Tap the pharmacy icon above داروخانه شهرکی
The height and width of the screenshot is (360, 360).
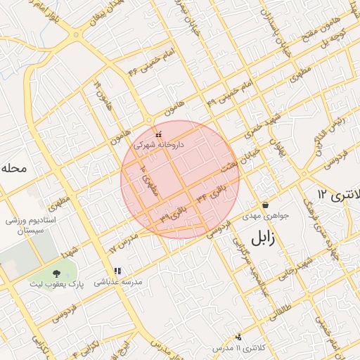tap(157, 134)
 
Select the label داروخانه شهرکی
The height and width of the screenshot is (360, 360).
tap(158, 143)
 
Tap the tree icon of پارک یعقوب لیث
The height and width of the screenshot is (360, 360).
tap(56, 272)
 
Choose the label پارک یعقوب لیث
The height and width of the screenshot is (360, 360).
tap(56, 284)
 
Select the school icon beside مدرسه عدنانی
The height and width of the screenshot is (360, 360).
tap(117, 271)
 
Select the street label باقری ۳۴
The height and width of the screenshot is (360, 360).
tap(213, 194)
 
